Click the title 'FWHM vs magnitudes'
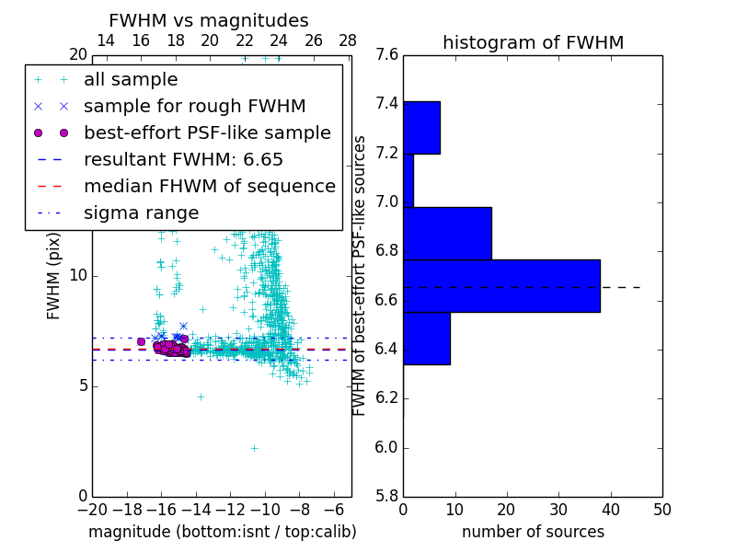pos(208,21)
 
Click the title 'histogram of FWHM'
pos(533,42)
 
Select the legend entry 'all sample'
pos(131,80)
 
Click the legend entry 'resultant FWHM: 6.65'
pos(183,160)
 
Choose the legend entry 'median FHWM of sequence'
pos(209,187)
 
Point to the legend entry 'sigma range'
pos(141,213)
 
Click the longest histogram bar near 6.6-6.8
pos(501,286)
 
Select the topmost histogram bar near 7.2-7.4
pos(421,128)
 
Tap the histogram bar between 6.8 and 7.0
pos(447,234)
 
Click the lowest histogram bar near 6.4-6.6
pos(426,339)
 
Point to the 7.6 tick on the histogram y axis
pos(386,54)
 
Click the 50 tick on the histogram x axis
pos(661,509)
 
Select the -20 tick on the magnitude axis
pos(92,509)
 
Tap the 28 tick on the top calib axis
pos(348,40)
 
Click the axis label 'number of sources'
pos(533,532)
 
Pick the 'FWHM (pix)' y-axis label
pos(54,276)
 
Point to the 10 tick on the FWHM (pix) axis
pos(78,276)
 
